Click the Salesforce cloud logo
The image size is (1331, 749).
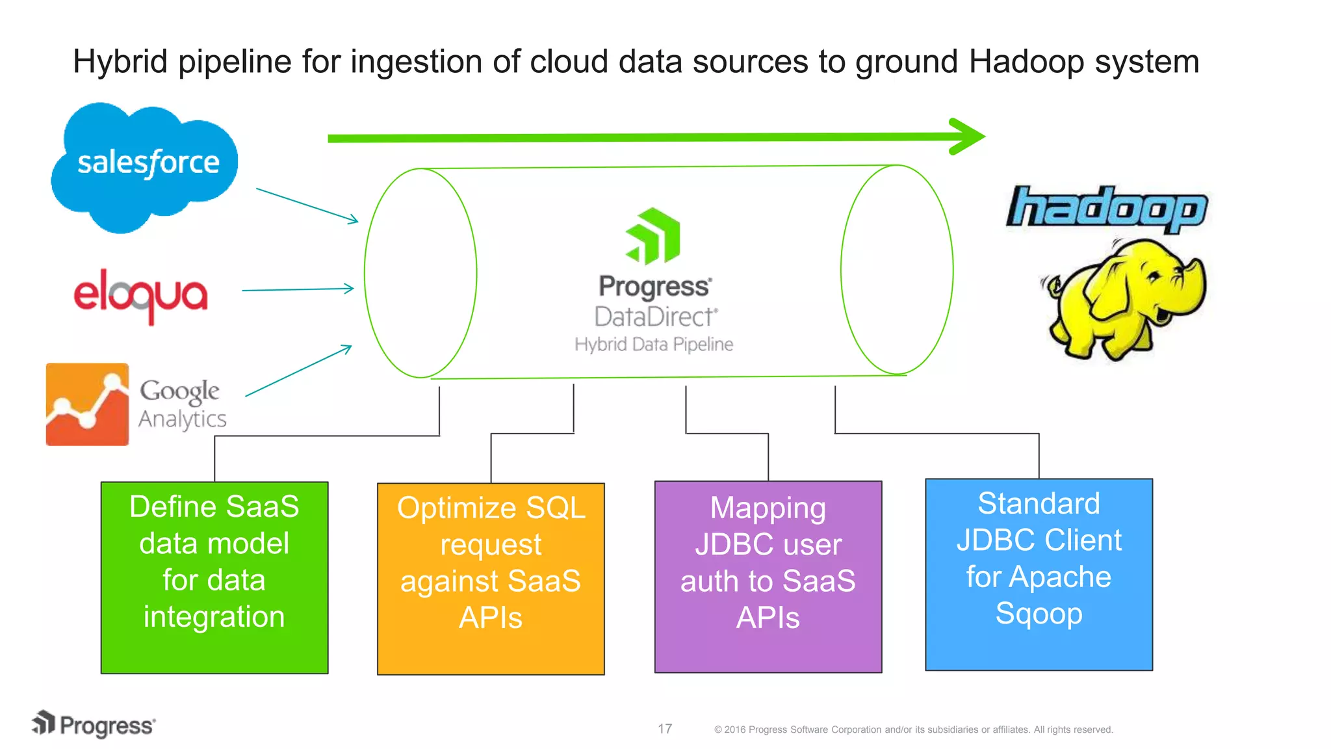pos(144,166)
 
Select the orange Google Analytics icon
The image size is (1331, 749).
pos(87,404)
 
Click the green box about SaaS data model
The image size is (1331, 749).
pos(214,577)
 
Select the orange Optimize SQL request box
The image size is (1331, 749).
pos(491,579)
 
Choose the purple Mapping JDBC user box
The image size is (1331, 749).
pos(768,577)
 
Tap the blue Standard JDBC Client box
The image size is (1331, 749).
pos(1039,575)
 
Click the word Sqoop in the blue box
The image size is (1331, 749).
pos(1039,613)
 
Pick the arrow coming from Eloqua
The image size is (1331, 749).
pos(298,289)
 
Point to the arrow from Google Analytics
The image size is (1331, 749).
pos(298,371)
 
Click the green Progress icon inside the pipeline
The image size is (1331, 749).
pos(653,237)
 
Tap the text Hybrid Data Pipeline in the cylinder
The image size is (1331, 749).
pos(654,344)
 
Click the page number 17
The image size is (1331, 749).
pos(664,729)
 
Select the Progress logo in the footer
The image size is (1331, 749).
pos(94,724)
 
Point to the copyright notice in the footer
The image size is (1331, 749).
pos(913,729)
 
